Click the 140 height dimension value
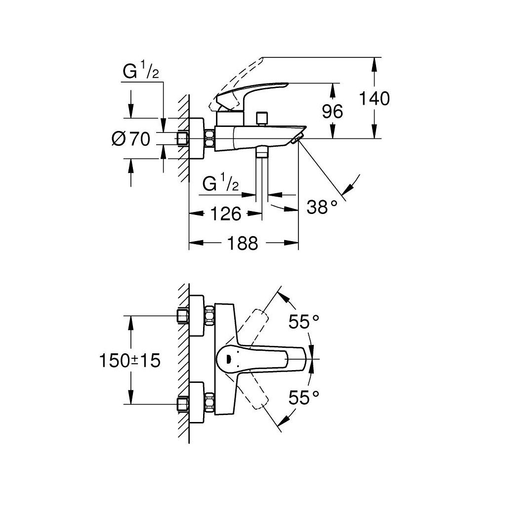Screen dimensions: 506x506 tap(374, 98)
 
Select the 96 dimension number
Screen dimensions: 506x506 tap(332, 112)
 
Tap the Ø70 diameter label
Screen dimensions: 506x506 tap(131, 139)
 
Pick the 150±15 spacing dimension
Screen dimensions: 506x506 tap(130, 360)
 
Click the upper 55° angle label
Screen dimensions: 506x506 tap(304, 323)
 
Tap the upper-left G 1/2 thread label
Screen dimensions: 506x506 tap(140, 73)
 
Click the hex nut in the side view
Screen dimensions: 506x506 tap(210, 138)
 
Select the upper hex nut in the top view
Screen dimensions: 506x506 tap(210, 315)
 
